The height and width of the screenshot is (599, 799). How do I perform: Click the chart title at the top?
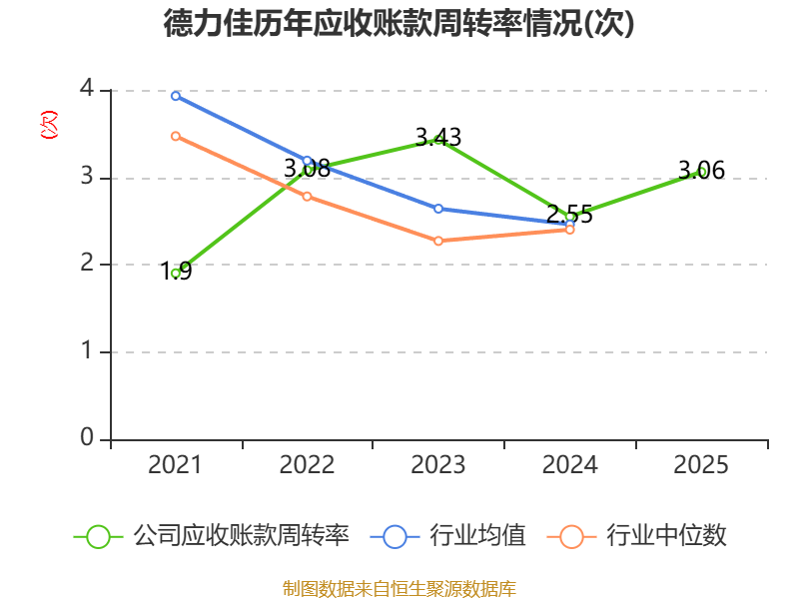point(399,24)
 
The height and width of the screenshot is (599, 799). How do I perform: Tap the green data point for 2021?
point(176,273)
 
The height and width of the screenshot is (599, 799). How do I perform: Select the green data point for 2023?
point(438,140)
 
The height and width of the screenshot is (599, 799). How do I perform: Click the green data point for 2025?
point(702,172)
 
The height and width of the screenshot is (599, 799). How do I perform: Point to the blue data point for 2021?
point(176,96)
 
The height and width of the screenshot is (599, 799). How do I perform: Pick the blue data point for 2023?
point(438,209)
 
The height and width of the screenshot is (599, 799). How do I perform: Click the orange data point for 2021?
point(176,136)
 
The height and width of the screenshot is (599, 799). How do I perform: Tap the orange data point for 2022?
point(308,197)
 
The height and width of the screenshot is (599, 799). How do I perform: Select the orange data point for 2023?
point(438,241)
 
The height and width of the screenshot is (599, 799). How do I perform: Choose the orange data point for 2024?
point(570,230)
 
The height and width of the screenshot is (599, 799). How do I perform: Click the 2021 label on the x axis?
point(175,465)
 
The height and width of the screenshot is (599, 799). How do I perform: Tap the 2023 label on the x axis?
point(438,465)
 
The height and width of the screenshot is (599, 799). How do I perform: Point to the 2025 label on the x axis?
point(701,465)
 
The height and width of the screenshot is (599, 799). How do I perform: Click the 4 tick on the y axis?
point(87,90)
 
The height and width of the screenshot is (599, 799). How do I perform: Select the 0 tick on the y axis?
point(87,438)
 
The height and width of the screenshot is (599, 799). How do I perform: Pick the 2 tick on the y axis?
point(87,265)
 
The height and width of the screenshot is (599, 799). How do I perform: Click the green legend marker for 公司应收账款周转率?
point(98,536)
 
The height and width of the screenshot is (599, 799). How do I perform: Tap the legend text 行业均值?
point(477,536)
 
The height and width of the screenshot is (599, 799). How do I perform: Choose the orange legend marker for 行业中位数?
point(571,536)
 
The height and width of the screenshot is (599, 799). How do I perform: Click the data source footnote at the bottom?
point(399,588)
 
